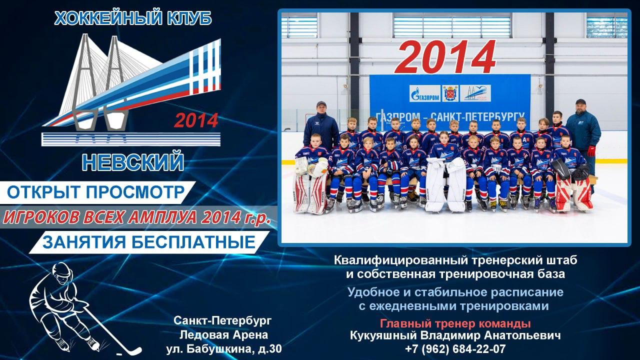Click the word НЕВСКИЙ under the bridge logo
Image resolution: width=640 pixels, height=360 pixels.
133,161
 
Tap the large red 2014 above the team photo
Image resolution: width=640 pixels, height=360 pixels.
445,57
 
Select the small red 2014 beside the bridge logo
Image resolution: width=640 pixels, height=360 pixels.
196,120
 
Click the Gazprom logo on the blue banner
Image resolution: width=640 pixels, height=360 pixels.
425,93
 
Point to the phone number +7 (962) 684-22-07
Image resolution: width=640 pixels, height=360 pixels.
455,349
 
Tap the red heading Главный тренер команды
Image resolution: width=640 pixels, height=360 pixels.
455,323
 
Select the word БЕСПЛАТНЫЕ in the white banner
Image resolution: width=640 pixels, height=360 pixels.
193,242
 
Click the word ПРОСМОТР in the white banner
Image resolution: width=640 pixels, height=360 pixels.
135,192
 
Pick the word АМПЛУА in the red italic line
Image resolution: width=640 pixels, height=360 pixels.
162,217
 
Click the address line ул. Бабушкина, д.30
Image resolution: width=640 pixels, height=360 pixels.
224,349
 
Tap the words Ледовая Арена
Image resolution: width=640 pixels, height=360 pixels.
223,335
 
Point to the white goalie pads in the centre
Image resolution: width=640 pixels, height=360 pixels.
445,184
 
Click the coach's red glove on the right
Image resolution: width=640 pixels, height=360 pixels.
591,151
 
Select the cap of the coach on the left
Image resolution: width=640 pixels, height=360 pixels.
321,103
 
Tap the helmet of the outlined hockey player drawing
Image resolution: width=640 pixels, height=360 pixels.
62,269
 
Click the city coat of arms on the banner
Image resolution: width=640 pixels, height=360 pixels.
450,93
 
